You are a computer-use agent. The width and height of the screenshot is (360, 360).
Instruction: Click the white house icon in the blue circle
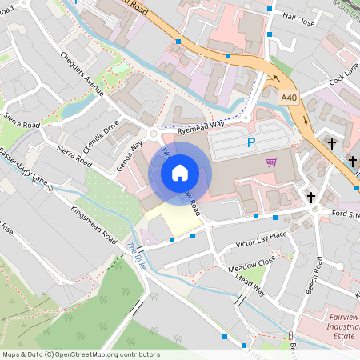pyautogui.click(x=180, y=172)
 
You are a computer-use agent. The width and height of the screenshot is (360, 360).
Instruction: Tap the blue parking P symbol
pyautogui.click(x=251, y=143)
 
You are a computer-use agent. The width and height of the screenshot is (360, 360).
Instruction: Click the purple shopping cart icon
pyautogui.click(x=272, y=162)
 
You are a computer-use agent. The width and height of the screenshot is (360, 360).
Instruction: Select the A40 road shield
pyautogui.click(x=290, y=97)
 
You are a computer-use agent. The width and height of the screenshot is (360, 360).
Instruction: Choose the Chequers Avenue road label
pyautogui.click(x=82, y=74)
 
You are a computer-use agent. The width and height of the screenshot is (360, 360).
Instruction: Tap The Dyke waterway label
pyautogui.click(x=137, y=257)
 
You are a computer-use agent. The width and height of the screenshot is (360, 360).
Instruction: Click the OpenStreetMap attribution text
pyautogui.click(x=80, y=354)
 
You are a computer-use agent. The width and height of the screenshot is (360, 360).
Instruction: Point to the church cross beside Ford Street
pyautogui.click(x=311, y=197)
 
